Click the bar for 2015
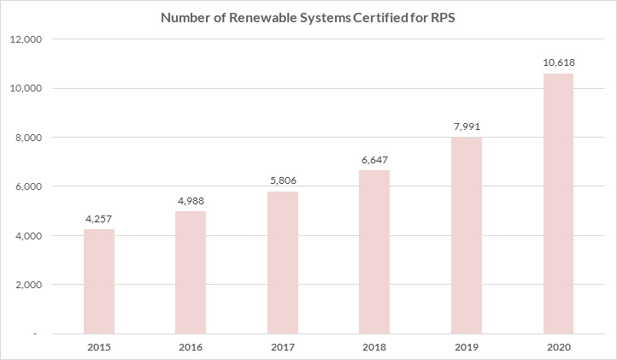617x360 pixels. point(99,281)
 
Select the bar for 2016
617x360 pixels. point(191,272)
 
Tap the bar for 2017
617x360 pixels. point(283,263)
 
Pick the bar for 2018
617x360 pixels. point(374,251)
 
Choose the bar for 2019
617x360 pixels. point(467,235)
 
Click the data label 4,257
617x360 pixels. point(99,219)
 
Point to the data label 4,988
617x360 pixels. point(191,201)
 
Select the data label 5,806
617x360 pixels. point(283,181)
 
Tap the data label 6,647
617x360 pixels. point(374,160)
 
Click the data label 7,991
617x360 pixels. point(467,127)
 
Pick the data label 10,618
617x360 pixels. point(558,63)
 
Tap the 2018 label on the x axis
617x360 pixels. point(374,347)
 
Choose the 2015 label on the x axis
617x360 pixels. point(99,347)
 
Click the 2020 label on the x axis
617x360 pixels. point(558,347)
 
